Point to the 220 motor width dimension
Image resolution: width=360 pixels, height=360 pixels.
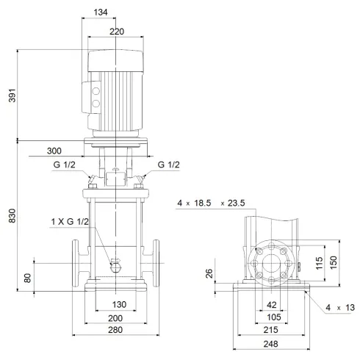pyautogui.click(x=117, y=31)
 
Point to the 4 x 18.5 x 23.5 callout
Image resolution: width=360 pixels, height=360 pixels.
pyautogui.click(x=212, y=202)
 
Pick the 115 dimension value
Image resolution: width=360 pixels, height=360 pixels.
pyautogui.click(x=319, y=264)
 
